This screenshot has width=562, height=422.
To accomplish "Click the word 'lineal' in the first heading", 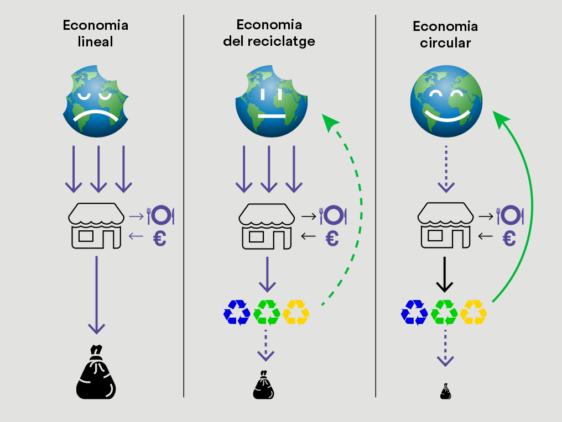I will (96, 41).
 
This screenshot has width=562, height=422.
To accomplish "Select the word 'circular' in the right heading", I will (445, 43).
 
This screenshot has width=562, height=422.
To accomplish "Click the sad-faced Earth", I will (96, 102).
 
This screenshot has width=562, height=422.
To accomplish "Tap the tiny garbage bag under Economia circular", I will (446, 392).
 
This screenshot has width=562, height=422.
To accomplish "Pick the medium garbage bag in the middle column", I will (263, 385).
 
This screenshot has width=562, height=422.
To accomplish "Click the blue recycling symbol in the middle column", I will (237, 312).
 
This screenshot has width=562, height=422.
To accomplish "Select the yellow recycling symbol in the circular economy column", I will (473, 312).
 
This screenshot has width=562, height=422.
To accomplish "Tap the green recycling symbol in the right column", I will (444, 312).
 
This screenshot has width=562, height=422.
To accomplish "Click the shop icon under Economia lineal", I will (96, 225).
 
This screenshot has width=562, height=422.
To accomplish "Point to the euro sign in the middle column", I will (332, 238).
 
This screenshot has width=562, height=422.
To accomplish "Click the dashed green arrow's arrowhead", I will (330, 122).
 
